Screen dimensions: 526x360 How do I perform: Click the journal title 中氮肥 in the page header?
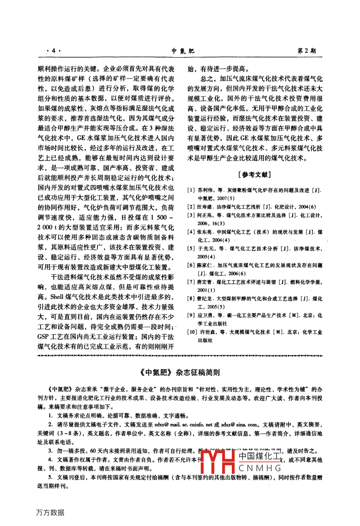tap(183, 51)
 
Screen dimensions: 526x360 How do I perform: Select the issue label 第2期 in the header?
tap(307, 51)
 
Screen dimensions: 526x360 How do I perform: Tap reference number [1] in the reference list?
tap(191, 190)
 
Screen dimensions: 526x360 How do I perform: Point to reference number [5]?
tap(191, 248)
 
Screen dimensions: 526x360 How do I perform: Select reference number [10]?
tap(192, 332)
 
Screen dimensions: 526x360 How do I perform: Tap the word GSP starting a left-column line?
tap(43, 336)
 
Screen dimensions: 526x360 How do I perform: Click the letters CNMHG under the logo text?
tap(260, 469)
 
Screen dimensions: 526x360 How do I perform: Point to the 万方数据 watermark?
tap(50, 512)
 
